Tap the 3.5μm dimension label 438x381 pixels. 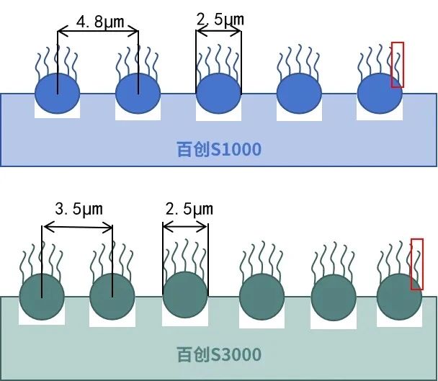(79, 210)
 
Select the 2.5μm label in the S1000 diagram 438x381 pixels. (220, 19)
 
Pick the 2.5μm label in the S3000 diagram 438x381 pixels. (189, 210)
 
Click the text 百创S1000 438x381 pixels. (219, 150)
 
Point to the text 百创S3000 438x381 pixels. (219, 354)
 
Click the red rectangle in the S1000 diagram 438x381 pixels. (397, 65)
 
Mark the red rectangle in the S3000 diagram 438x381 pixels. (416, 264)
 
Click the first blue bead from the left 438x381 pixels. (58, 93)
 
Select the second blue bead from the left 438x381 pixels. (138, 93)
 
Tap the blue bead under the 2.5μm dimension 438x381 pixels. (219, 93)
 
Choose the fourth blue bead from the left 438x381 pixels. (300, 94)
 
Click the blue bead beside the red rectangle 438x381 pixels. (380, 93)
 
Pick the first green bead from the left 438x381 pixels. (42, 297)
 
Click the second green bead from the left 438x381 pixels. (112, 297)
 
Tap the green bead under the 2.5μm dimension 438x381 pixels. (185, 295)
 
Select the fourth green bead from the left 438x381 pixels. (262, 297)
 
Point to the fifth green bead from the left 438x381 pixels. (333, 297)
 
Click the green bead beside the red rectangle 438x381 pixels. (399, 297)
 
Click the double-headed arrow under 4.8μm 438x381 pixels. (98, 32)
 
